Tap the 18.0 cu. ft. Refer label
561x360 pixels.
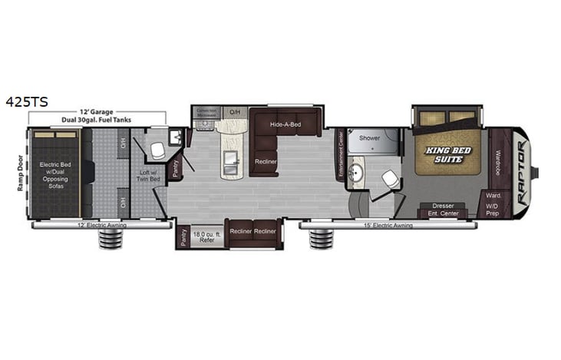tap(206, 236)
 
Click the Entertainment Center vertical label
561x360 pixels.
tap(341, 154)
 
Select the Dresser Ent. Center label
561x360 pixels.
tap(443, 210)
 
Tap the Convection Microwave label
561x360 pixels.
tap(206, 112)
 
